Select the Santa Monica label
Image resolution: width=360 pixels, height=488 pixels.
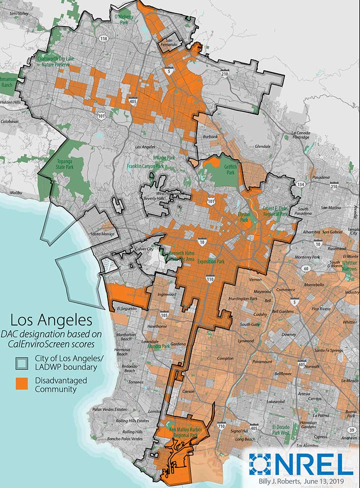click(x=99, y=233)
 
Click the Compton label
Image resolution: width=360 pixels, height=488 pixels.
click(x=225, y=358)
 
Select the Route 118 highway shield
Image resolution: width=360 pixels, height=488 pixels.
click(x=103, y=38)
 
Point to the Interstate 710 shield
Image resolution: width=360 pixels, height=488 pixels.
click(x=222, y=426)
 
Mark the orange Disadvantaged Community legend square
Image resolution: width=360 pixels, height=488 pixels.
click(x=21, y=383)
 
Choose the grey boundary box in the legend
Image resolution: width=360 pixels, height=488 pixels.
click(x=21, y=362)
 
